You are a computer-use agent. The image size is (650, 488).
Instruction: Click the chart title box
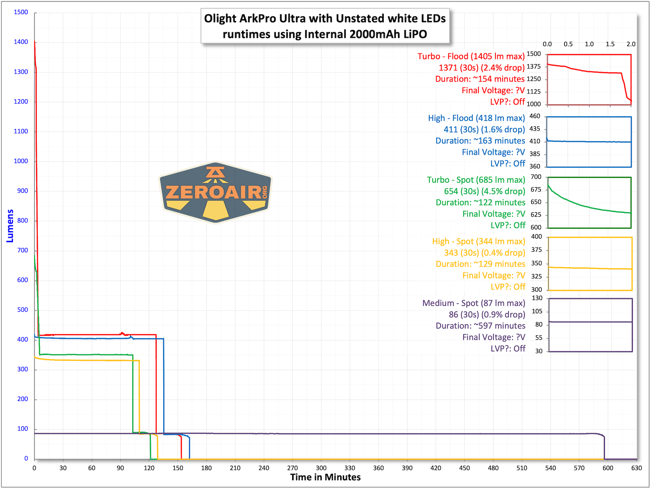click(x=325, y=26)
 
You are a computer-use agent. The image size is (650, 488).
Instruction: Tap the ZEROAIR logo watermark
click(x=216, y=192)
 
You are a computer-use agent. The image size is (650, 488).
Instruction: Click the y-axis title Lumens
click(x=10, y=226)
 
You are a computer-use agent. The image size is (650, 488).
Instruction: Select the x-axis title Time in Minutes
click(x=325, y=477)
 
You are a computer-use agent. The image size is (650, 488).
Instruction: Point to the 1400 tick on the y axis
click(x=21, y=42)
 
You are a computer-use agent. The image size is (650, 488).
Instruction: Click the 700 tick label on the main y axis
click(x=22, y=250)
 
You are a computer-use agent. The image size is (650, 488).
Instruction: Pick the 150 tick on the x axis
click(x=178, y=468)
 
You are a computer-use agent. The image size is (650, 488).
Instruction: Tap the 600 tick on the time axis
click(x=608, y=468)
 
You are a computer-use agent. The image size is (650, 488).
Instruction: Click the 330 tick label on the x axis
click(x=350, y=468)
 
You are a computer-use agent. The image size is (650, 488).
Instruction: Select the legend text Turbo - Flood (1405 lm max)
click(x=471, y=56)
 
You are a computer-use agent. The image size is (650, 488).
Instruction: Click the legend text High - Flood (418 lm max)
click(x=476, y=118)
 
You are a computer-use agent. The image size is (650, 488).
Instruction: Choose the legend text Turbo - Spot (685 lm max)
click(x=476, y=180)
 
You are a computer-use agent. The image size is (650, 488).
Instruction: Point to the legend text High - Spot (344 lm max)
click(x=478, y=241)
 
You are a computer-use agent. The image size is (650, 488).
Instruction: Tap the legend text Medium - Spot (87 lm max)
click(x=473, y=303)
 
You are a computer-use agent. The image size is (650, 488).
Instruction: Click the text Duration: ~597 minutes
click(x=480, y=326)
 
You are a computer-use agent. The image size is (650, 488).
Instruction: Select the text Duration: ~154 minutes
click(x=480, y=79)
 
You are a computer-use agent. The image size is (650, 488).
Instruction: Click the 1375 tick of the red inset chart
click(x=534, y=66)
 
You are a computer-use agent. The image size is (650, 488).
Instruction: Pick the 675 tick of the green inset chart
click(x=536, y=189)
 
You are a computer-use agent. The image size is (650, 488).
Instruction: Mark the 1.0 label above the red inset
click(x=589, y=44)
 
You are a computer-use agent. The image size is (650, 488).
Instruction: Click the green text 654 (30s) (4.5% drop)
click(x=484, y=191)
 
